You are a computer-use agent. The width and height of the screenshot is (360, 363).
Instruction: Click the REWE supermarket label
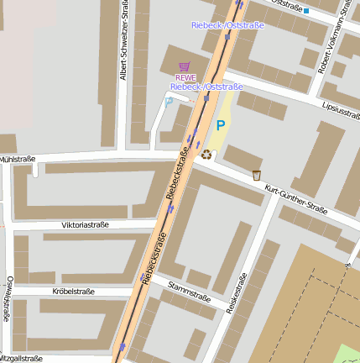click(x=185, y=77)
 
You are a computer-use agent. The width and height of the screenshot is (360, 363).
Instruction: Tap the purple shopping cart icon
click(x=185, y=66)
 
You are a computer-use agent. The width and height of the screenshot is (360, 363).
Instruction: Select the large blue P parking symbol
click(x=221, y=125)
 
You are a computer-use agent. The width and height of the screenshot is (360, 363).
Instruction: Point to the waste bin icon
click(x=257, y=175)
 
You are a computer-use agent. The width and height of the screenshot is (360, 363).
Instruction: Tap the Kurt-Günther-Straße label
click(x=295, y=198)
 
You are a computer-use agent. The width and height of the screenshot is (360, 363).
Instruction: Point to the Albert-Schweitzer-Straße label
click(x=124, y=51)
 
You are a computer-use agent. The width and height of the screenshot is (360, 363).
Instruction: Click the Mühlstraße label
click(x=18, y=159)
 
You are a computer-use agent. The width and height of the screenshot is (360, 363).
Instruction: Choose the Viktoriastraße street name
click(x=86, y=225)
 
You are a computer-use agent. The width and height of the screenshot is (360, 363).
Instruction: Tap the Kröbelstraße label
click(x=74, y=292)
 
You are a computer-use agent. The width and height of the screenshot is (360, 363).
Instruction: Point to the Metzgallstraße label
click(x=21, y=358)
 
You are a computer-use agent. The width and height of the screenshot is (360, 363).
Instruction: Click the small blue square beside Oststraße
click(x=307, y=11)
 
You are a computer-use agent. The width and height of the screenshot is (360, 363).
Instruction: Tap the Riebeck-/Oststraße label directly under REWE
click(x=206, y=87)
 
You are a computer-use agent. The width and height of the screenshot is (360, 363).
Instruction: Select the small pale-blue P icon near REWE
click(x=169, y=101)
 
